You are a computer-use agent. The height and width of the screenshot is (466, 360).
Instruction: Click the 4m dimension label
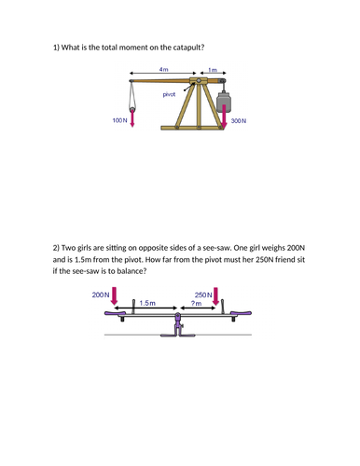click(x=163, y=69)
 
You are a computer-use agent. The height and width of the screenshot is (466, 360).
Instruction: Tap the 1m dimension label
click(x=213, y=70)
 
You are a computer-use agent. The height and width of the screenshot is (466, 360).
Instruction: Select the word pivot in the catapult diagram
click(x=169, y=94)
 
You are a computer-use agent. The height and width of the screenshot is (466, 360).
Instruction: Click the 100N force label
click(x=120, y=120)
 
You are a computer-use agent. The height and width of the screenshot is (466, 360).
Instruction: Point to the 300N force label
click(x=239, y=121)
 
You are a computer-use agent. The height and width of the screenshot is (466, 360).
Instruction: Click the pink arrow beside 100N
click(x=132, y=119)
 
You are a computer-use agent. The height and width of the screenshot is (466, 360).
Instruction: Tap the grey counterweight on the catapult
click(x=225, y=102)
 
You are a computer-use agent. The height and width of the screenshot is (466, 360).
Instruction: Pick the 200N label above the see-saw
click(x=101, y=295)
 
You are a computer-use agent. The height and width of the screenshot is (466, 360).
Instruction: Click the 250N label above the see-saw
click(x=203, y=295)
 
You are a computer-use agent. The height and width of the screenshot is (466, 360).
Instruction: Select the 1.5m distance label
click(x=147, y=303)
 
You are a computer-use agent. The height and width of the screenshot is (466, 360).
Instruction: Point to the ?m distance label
click(x=196, y=303)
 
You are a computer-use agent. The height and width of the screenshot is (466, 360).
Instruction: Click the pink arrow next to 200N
click(x=115, y=295)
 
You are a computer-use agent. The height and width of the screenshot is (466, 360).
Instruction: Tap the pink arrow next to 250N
click(x=216, y=296)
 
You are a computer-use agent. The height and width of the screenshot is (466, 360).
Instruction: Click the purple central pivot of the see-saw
click(x=177, y=324)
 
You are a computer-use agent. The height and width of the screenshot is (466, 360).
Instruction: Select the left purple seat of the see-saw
click(x=114, y=313)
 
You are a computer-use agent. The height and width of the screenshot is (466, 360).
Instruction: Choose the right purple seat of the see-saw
click(x=242, y=313)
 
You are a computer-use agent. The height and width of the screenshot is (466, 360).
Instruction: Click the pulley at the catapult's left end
click(x=132, y=109)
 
